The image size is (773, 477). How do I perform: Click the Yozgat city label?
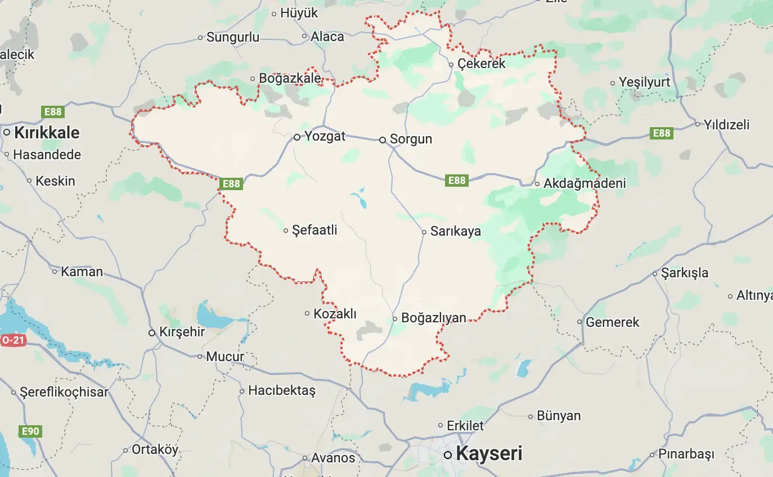(x=325, y=136)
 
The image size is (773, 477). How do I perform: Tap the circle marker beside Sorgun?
(x=383, y=139)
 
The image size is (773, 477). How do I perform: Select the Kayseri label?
(x=489, y=453)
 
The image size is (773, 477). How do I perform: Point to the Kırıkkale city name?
(x=47, y=133)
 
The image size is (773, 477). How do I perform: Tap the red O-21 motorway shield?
(x=12, y=340)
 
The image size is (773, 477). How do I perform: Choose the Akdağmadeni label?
(x=584, y=183)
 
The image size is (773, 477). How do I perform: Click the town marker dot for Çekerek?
(x=451, y=64)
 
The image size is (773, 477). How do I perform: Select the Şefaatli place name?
(x=314, y=229)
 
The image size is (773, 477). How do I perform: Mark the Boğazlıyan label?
(x=433, y=318)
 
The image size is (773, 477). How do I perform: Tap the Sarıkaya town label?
(x=455, y=231)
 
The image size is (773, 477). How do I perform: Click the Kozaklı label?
(x=335, y=314)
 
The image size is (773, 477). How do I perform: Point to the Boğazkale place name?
(x=290, y=79)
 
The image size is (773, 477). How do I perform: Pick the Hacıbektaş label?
(x=282, y=390)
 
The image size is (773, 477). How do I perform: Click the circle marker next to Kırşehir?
(x=152, y=332)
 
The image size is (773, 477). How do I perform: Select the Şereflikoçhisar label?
(x=64, y=392)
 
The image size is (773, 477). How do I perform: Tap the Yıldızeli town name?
(x=727, y=125)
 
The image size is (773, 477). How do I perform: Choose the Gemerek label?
(x=613, y=322)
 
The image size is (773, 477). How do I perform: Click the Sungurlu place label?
(x=233, y=38)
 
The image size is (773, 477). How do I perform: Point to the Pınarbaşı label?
(x=686, y=454)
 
